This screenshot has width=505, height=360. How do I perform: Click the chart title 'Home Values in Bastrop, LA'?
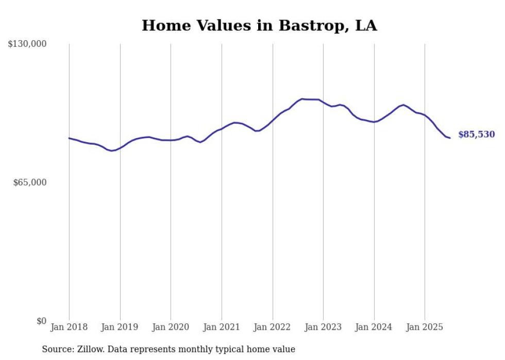tap(259, 26)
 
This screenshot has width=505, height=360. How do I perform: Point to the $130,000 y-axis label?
tap(27, 44)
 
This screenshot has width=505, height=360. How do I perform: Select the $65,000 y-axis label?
tap(30, 182)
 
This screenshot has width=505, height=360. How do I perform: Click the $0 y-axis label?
tap(41, 321)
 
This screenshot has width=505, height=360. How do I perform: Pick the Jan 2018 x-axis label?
tap(69, 327)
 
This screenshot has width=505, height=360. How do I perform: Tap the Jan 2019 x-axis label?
tap(120, 327)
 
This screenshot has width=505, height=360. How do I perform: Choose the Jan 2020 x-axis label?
tap(171, 327)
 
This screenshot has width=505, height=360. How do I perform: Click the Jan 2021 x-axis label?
tap(222, 327)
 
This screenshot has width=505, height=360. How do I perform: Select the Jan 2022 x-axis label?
tap(273, 327)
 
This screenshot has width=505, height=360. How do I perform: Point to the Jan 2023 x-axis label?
tap(323, 327)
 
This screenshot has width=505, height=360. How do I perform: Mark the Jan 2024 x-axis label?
tap(374, 327)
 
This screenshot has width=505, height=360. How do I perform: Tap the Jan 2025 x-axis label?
tap(425, 327)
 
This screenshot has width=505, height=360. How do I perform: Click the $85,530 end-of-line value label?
tap(476, 135)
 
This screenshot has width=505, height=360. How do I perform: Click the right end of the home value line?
tap(450, 138)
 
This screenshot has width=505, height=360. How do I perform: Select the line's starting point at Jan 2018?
tap(69, 138)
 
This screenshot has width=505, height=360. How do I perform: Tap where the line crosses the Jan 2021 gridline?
tap(222, 129)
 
